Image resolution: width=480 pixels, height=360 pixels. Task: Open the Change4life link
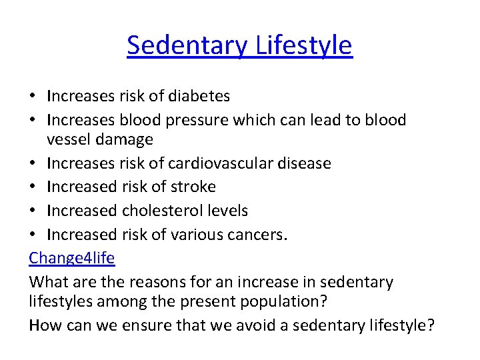(x=72, y=258)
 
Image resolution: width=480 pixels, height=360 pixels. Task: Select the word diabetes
(x=199, y=96)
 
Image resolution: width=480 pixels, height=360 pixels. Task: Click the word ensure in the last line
(x=140, y=325)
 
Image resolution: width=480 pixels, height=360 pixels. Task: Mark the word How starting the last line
(x=45, y=325)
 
